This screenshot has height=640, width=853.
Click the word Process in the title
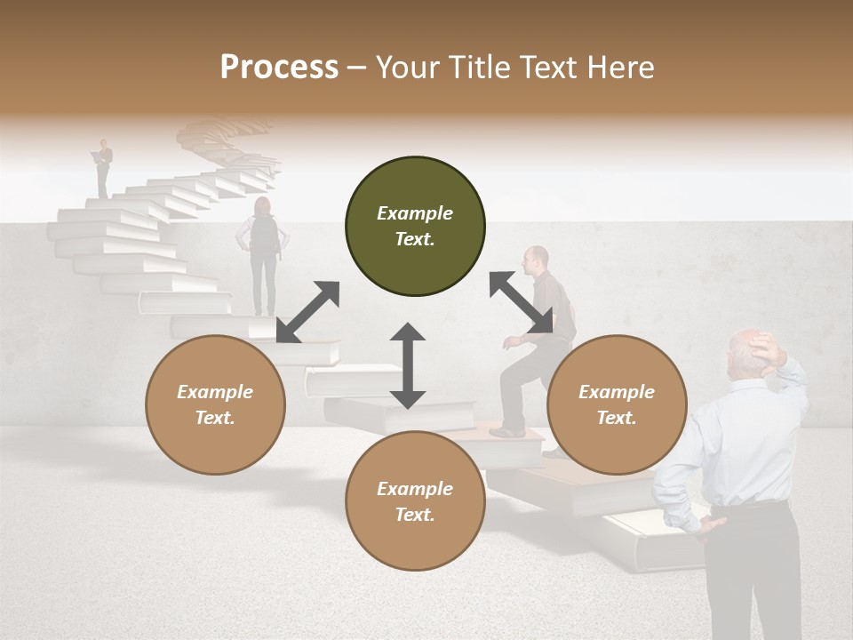pyautogui.click(x=279, y=68)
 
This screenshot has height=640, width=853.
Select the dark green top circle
pyautogui.click(x=415, y=227)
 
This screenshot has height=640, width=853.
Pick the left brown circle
pyautogui.click(x=215, y=404)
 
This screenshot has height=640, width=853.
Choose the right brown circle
pyautogui.click(x=617, y=404)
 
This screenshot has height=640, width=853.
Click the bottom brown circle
pyautogui.click(x=415, y=501)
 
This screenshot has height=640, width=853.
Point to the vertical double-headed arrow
pyautogui.click(x=408, y=366)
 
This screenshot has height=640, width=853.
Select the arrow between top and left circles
pyautogui.click(x=307, y=312)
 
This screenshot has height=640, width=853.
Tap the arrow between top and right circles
pyautogui.click(x=521, y=303)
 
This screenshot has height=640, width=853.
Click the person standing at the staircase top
pyautogui.click(x=105, y=166)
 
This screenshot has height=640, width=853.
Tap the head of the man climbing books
pyautogui.click(x=537, y=259)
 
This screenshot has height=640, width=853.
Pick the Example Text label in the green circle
pyautogui.click(x=415, y=226)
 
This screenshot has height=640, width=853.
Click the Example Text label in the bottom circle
pyautogui.click(x=415, y=501)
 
